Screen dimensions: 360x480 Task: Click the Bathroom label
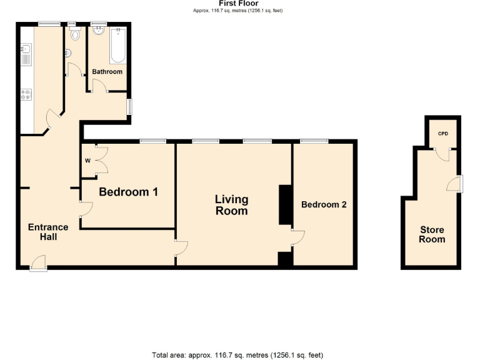[107, 72]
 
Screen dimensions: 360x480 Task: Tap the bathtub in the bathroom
[118, 46]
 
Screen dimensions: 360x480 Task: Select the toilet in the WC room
[76, 35]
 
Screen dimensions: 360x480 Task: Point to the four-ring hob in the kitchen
[26, 95]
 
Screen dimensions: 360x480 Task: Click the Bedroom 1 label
[128, 192]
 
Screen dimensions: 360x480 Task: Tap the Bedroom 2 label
[324, 204]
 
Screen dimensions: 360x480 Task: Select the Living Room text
[231, 205]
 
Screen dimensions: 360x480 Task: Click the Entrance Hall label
[47, 232]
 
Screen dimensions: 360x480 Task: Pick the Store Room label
[432, 234]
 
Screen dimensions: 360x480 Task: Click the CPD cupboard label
[442, 134]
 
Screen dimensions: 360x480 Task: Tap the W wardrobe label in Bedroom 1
[87, 161]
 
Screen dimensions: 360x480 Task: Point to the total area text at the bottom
[237, 354]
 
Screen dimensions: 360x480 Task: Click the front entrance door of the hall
[38, 264]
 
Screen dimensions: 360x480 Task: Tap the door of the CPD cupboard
[442, 154]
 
